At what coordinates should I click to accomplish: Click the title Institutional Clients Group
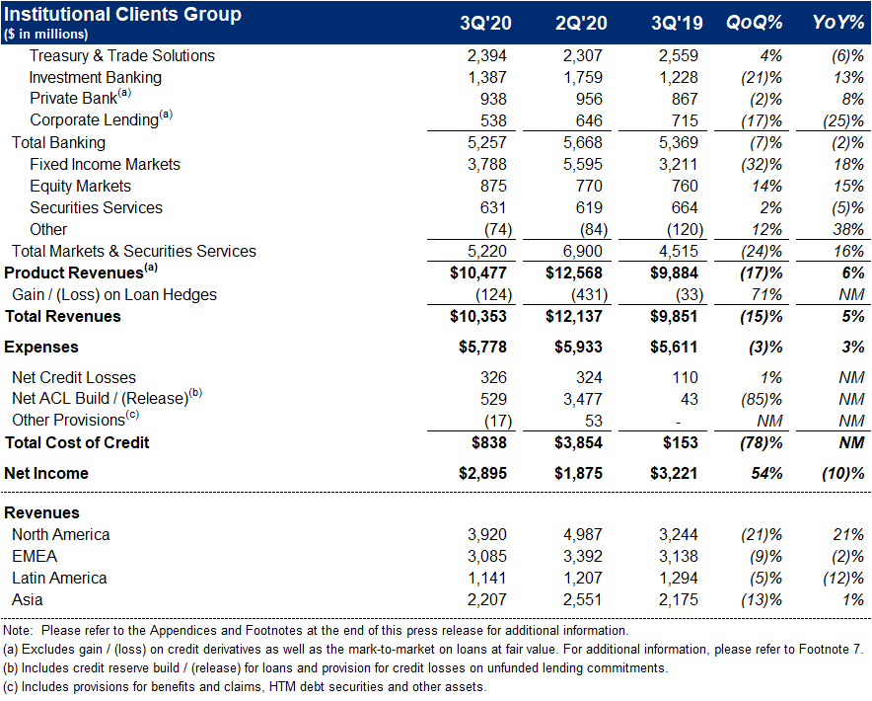pyautogui.click(x=123, y=15)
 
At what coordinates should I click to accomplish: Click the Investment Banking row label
pyautogui.click(x=95, y=77)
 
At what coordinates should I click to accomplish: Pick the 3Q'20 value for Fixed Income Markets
pyautogui.click(x=485, y=164)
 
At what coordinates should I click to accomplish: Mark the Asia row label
pyautogui.click(x=28, y=599)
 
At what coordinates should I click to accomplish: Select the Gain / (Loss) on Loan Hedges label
pyautogui.click(x=114, y=294)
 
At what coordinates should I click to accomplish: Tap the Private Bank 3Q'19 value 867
pyautogui.click(x=681, y=99)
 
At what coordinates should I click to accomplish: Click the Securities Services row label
pyautogui.click(x=96, y=207)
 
